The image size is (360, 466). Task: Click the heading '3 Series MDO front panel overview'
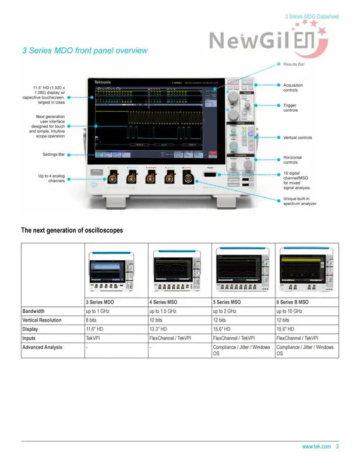84,51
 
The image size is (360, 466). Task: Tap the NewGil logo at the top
269,40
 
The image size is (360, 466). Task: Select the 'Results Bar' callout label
294,63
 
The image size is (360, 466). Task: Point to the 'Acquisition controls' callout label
293,87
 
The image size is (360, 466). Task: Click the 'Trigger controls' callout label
291,108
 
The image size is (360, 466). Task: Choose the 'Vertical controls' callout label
298,137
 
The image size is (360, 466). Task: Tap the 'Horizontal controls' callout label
292,160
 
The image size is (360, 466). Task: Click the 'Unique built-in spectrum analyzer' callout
299,201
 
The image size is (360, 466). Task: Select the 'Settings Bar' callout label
54,154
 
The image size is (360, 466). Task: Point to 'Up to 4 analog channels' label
52,178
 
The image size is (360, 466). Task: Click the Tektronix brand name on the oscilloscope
103,83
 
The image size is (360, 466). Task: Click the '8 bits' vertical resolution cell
91,320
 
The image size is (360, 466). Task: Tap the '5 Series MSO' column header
227,302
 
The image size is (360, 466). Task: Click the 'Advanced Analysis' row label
43,347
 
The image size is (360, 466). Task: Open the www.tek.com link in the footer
316,447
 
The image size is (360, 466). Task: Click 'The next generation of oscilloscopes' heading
72,230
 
